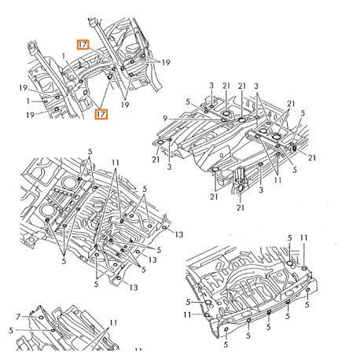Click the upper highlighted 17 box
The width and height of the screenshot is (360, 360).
click(83, 46)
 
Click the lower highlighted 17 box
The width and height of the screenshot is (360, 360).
click(101, 114)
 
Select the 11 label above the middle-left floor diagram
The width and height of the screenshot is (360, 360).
click(116, 165)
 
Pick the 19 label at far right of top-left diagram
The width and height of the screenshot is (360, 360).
click(166, 62)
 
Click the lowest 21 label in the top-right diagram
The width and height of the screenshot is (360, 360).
click(240, 208)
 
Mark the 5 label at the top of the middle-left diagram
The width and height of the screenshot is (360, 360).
click(91, 156)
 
